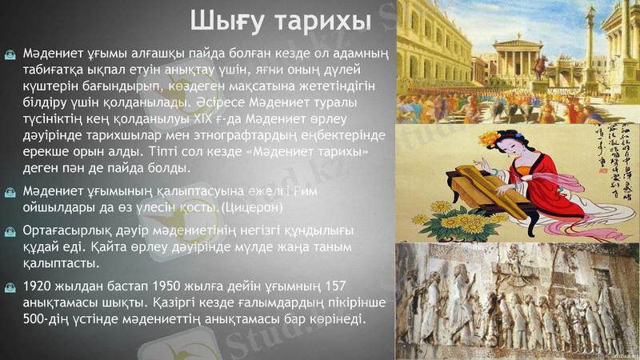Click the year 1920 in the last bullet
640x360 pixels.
tap(38, 286)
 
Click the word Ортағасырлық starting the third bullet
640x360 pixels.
tap(67, 230)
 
